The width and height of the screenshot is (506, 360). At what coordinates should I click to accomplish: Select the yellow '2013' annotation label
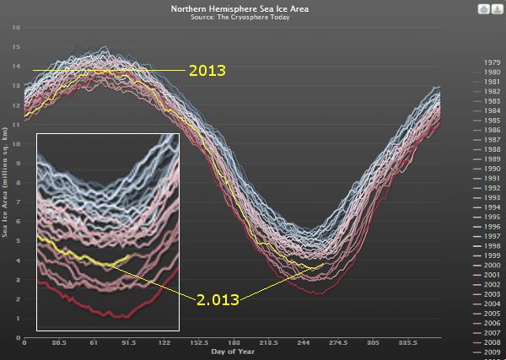coord(207,71)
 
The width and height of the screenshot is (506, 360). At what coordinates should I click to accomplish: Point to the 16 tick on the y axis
coord(16,27)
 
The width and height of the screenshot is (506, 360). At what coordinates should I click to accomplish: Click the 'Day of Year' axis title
coord(229,352)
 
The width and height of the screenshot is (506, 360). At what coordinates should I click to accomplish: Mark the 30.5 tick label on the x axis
coord(59,343)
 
